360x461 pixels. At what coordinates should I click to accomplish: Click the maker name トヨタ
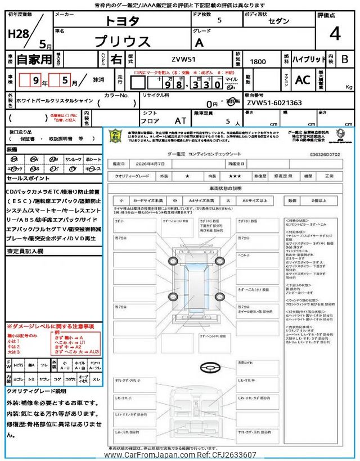point(120,20)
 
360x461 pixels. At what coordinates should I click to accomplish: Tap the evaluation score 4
point(335,34)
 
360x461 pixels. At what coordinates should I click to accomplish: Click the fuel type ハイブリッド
point(309,59)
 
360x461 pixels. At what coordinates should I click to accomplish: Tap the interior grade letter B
point(345,59)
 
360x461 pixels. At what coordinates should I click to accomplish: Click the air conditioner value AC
point(302,80)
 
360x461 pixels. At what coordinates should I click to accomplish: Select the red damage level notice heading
point(51,326)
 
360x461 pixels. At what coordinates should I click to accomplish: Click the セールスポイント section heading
point(28,178)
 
